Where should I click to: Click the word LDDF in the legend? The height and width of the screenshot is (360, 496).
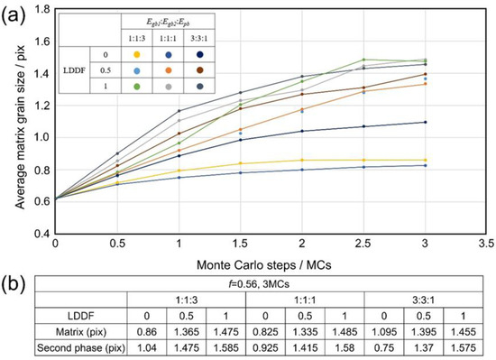coord(86,69)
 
